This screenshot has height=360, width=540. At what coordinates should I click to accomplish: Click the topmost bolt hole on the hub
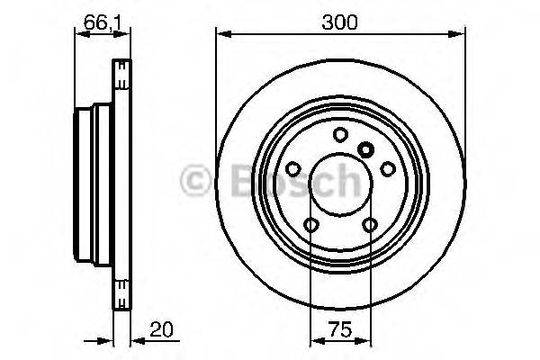[x=340, y=135]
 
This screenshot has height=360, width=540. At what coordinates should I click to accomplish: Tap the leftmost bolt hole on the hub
[x=292, y=168]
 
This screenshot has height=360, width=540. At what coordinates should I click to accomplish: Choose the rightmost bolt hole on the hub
[x=388, y=168]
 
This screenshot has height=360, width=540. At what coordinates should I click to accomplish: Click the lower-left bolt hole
[x=310, y=225]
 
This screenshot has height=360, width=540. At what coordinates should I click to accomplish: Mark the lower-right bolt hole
[x=370, y=225]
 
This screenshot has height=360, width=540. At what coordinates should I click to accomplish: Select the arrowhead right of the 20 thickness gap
[x=136, y=341]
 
